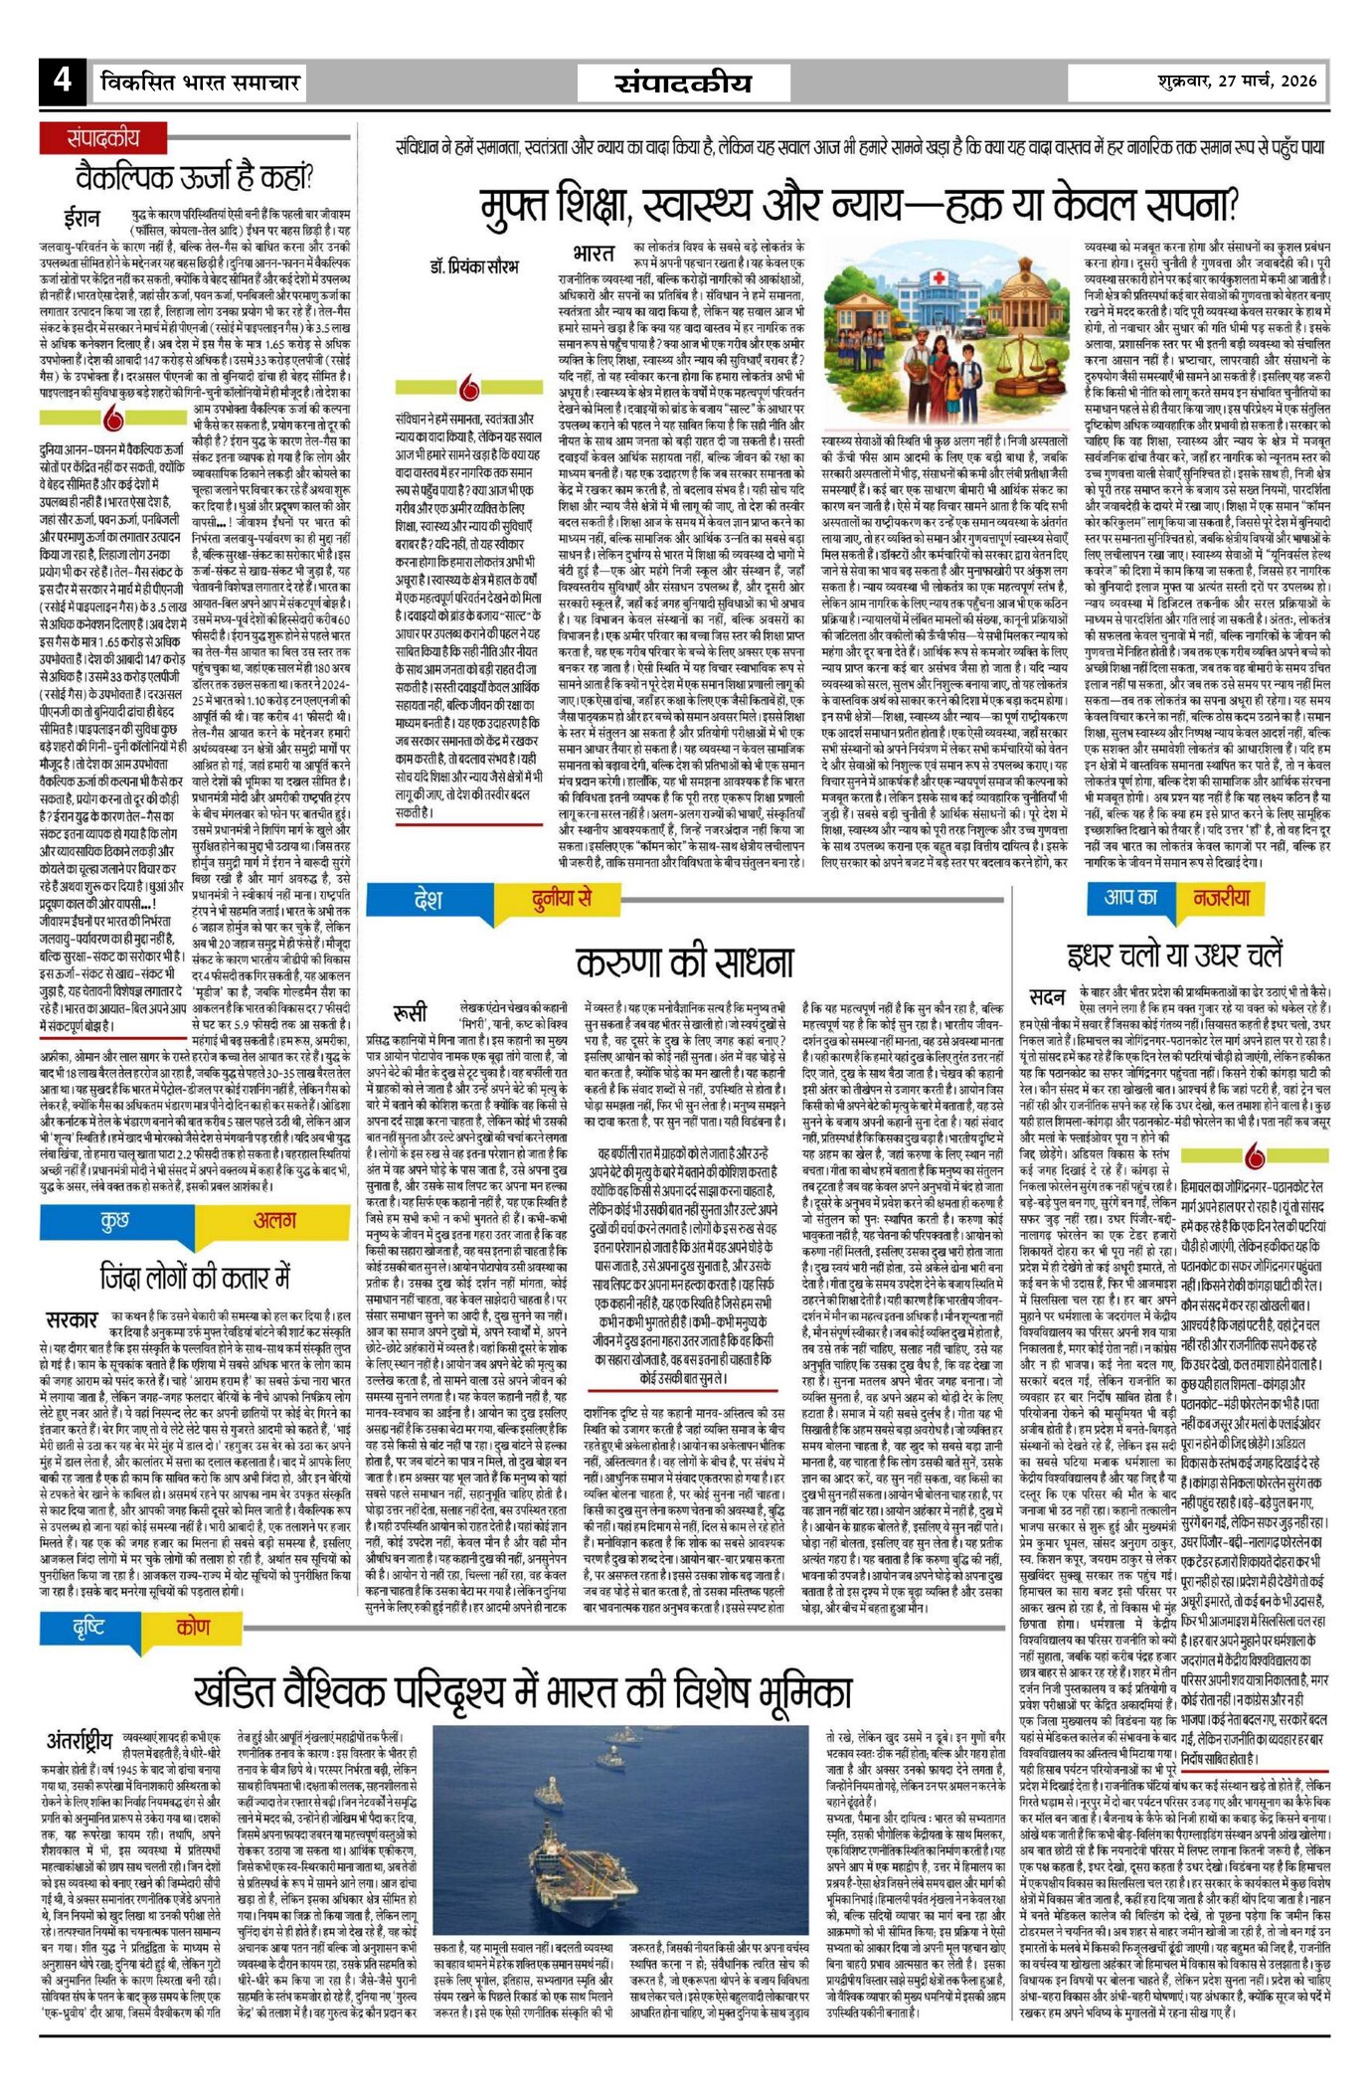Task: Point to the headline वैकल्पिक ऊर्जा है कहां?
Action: [x=195, y=178]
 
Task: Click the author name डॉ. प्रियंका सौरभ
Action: [x=473, y=266]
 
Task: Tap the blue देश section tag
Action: [x=428, y=901]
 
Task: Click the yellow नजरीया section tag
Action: [x=1222, y=898]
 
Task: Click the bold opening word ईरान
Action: [x=82, y=218]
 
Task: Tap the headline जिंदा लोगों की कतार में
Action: [x=195, y=1276]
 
